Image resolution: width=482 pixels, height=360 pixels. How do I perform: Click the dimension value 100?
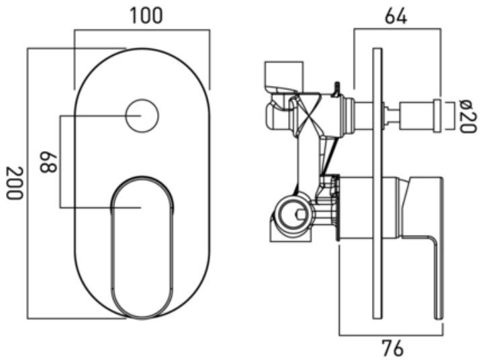[x=146, y=15]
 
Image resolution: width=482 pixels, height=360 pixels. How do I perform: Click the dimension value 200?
[x=15, y=183]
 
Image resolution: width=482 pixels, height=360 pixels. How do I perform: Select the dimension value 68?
[x=48, y=162]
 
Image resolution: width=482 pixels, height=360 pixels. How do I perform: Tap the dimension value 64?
[x=396, y=16]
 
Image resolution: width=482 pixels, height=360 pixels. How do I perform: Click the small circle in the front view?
[x=142, y=116]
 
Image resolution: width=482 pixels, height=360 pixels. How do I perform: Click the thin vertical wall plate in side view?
[x=377, y=183]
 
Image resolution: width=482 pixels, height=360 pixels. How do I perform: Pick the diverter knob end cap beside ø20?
[x=438, y=116]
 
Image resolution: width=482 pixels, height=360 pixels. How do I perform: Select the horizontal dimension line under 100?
[x=142, y=30]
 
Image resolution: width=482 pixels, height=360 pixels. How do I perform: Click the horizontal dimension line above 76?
[x=391, y=335]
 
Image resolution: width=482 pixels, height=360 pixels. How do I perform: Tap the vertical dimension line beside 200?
[x=28, y=183]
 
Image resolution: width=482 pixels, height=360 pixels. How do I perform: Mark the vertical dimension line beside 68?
[x=60, y=162]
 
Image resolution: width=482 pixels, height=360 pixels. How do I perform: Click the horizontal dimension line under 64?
[x=397, y=29]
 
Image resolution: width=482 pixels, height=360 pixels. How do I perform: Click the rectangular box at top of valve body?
[x=284, y=77]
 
